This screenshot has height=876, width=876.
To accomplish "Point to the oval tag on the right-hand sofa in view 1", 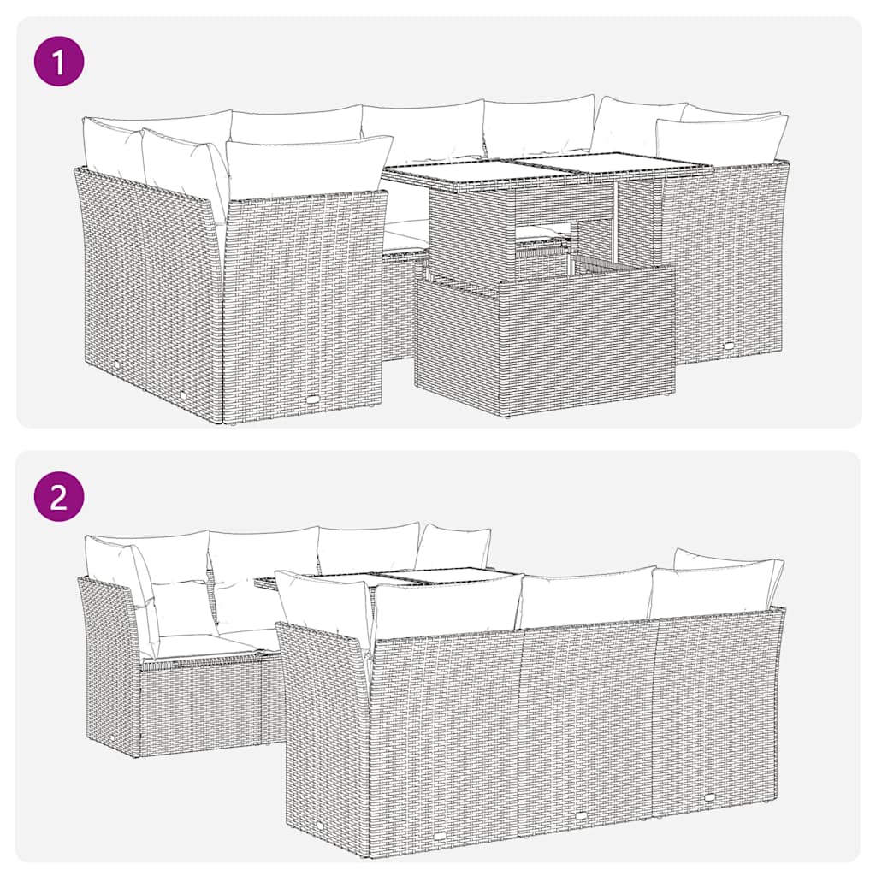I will pos(729,345).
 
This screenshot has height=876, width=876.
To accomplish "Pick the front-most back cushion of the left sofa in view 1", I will pos(304,167).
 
